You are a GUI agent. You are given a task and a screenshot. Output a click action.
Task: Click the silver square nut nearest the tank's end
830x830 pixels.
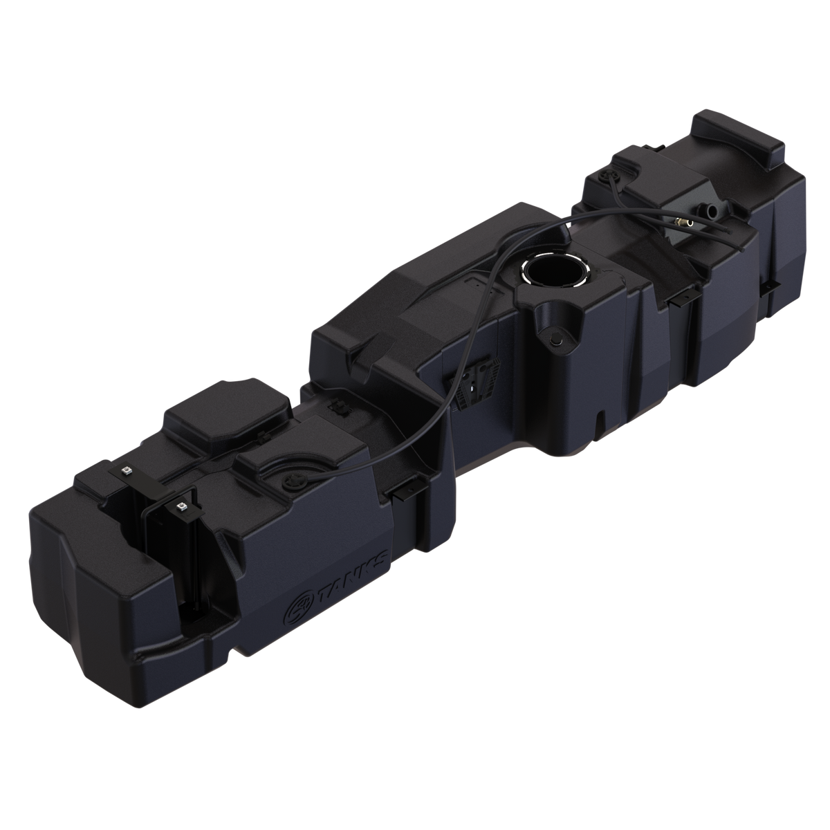coord(127,471)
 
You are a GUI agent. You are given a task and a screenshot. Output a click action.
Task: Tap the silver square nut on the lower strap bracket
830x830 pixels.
coord(182,506)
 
